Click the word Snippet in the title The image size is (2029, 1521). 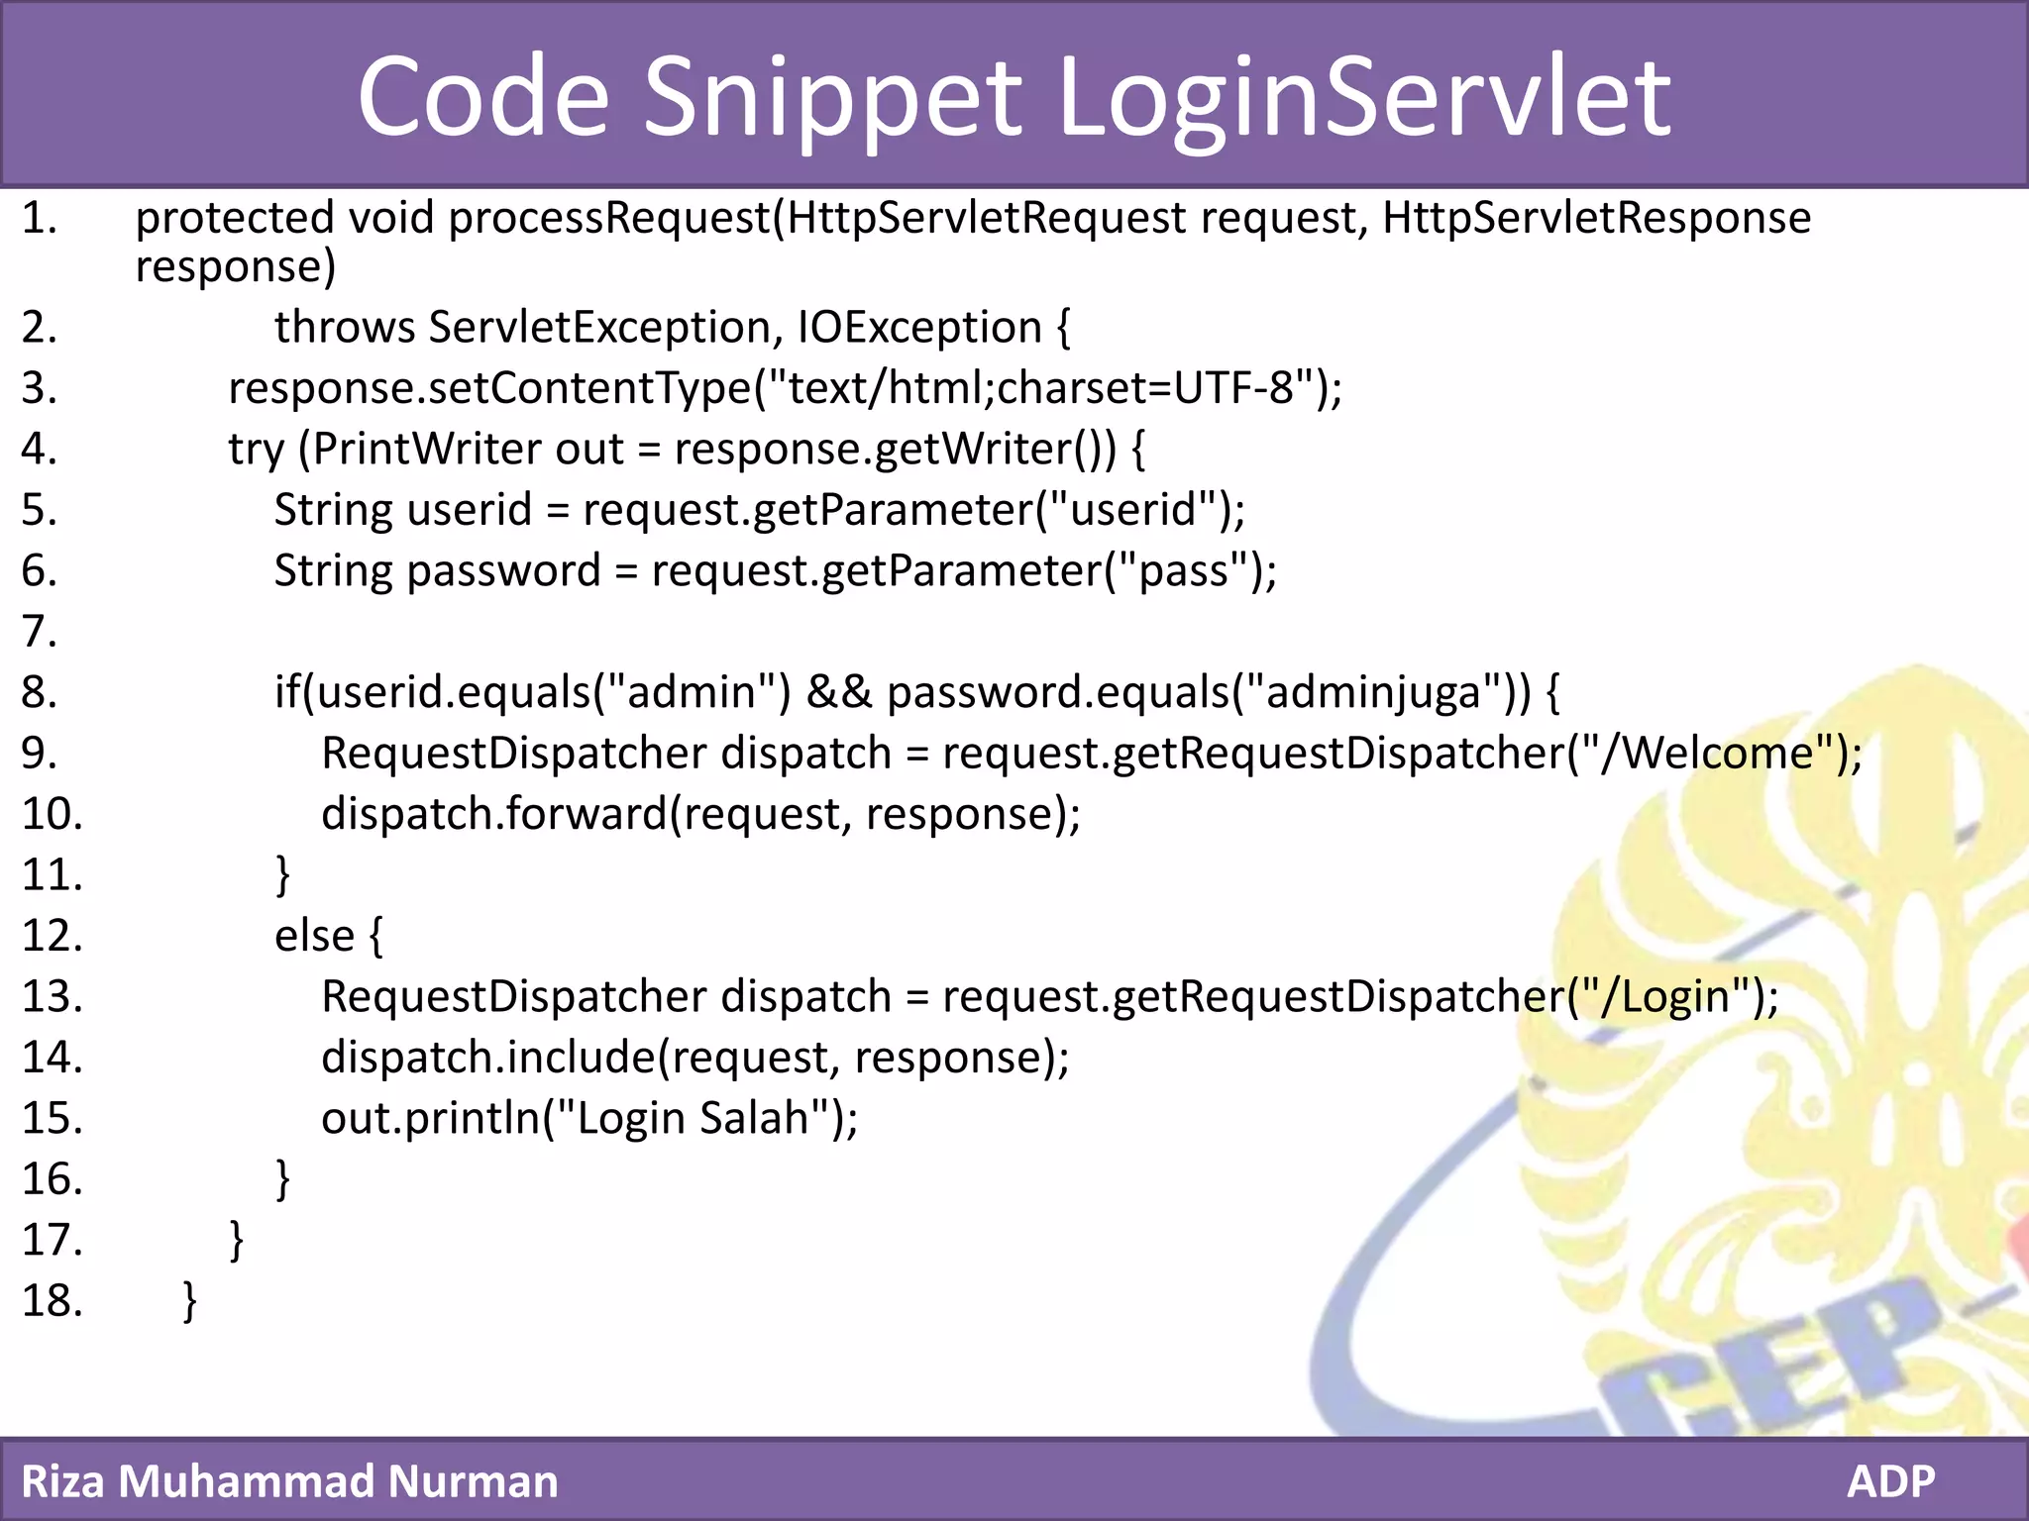coord(832,97)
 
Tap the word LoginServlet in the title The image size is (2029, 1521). coord(1365,97)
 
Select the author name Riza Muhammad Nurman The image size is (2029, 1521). coord(289,1481)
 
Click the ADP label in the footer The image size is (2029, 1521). coord(1890,1481)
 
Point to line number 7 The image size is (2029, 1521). coord(39,631)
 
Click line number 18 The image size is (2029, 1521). coord(52,1300)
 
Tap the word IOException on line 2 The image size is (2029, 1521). coord(919,328)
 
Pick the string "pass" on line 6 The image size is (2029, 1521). coord(1183,571)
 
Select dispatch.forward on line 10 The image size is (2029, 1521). coord(495,814)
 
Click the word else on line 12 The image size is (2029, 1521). coord(314,936)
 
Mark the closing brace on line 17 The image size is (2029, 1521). coord(236,1240)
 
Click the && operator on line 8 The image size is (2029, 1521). coord(839,692)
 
